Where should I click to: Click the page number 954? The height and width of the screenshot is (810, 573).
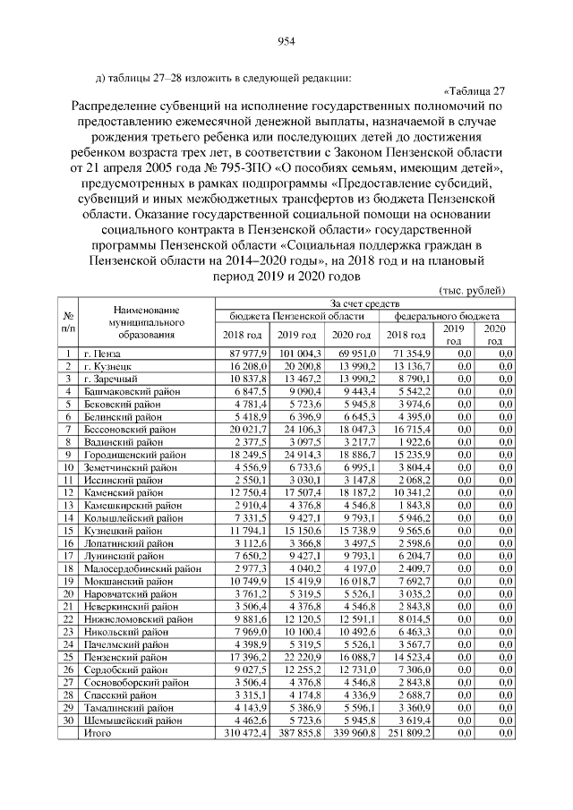coord(286,40)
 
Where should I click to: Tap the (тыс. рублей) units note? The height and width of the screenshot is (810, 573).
coord(473,291)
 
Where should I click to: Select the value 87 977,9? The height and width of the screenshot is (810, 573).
coord(237,354)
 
